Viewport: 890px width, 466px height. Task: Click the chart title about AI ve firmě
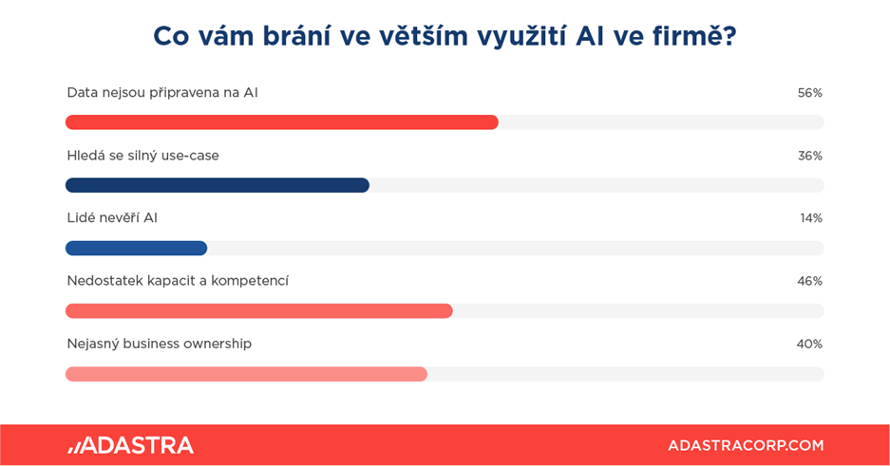coord(445,36)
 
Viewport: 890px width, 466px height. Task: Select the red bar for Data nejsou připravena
coord(282,121)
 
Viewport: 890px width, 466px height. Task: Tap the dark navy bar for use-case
coord(218,185)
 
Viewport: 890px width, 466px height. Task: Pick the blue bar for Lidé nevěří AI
coord(136,248)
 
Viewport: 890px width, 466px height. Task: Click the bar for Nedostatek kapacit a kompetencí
coord(258,310)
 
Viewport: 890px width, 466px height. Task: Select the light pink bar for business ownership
coord(246,374)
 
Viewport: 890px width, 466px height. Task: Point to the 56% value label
coord(810,93)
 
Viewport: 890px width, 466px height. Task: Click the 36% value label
coord(810,156)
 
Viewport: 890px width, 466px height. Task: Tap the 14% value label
coord(811,218)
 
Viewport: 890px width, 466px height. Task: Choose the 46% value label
coord(810,281)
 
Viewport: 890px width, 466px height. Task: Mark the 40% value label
coord(809,345)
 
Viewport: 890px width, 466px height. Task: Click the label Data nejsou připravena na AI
coord(162,93)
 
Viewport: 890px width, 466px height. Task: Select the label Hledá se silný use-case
coord(143,156)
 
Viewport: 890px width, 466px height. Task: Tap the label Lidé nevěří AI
coord(112,218)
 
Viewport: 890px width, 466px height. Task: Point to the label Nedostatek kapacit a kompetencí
coord(178,281)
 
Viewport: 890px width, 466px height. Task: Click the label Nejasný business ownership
coord(160,345)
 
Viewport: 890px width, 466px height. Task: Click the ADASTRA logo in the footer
coord(130,445)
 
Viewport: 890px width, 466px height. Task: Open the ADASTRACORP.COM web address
coord(746,445)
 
